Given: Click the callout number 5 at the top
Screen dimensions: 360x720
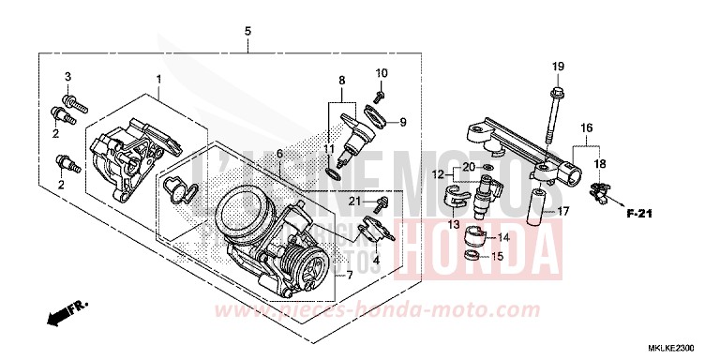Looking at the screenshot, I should point(247,32).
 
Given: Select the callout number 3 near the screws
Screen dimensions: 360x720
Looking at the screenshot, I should point(67,76).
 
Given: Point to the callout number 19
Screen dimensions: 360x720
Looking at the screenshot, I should point(558,66).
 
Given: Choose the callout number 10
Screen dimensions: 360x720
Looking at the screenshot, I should point(382,73).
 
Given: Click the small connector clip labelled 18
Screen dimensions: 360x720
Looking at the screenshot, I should point(596,194).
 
